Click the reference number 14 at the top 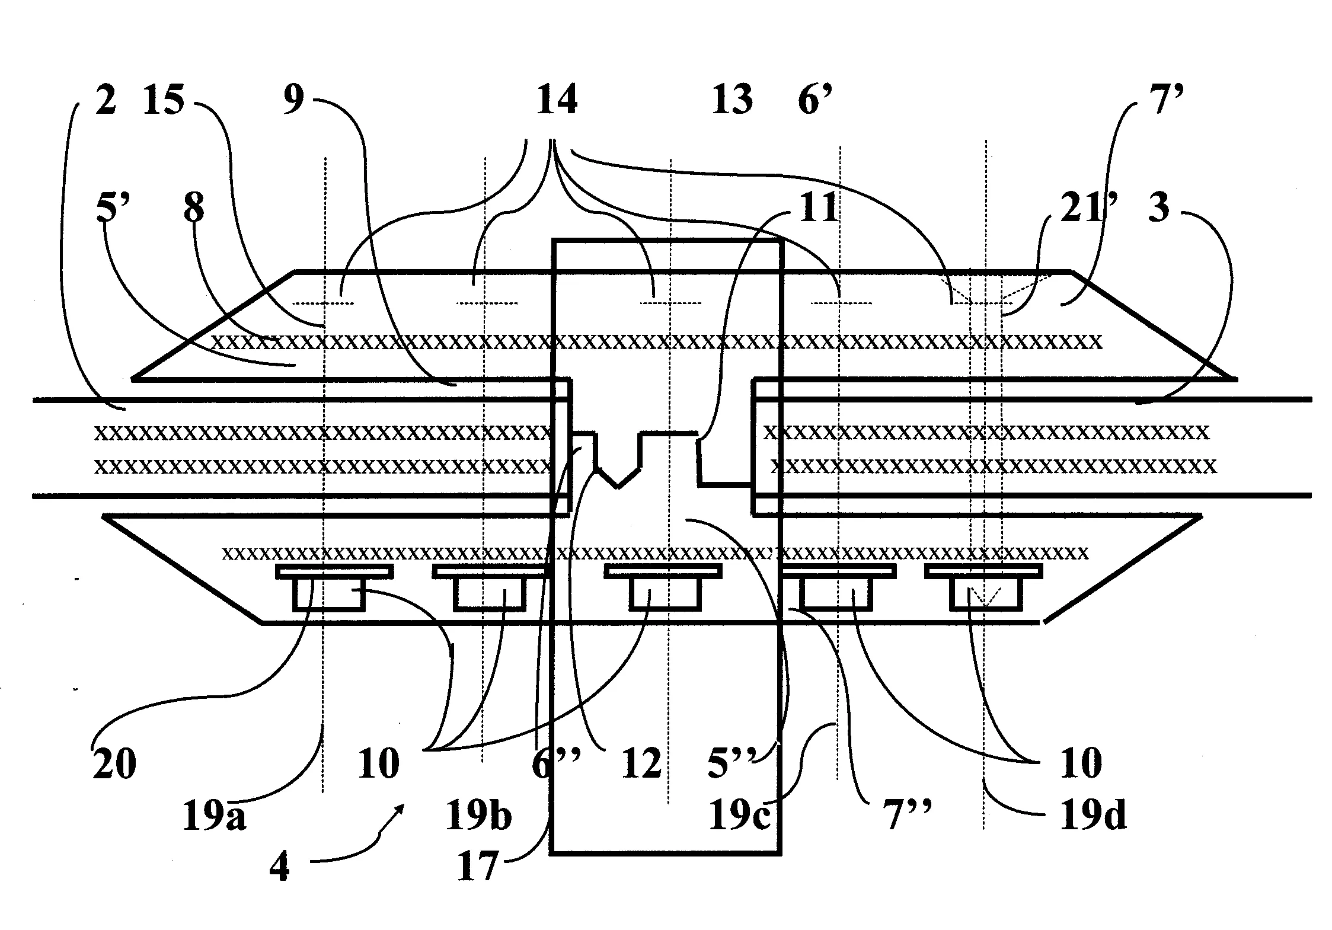pos(556,100)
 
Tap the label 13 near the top pos(733,100)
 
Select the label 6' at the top pos(816,100)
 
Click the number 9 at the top pos(293,100)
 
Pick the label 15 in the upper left pos(164,100)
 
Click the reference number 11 pos(818,209)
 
